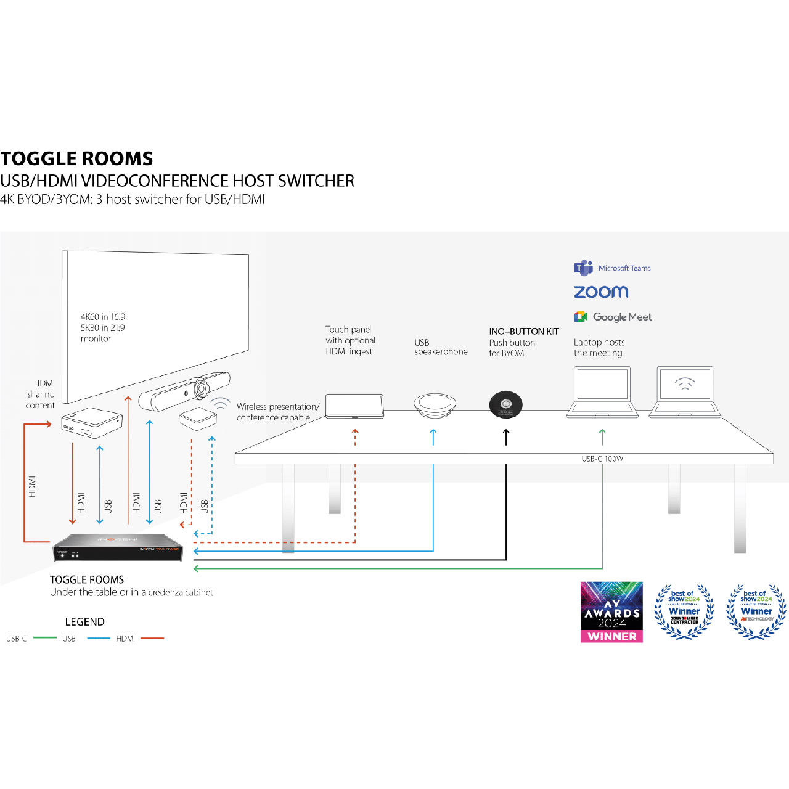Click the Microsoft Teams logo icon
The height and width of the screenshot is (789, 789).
point(583,268)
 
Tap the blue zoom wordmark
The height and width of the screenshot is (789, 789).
point(601,292)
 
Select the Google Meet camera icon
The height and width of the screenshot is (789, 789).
point(581,317)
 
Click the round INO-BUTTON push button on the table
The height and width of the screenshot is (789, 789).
point(505,404)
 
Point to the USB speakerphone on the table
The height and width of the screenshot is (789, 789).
point(435,404)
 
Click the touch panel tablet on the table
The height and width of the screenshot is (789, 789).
point(354,406)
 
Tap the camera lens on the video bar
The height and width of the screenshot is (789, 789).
point(201,389)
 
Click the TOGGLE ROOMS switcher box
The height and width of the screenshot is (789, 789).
point(118,547)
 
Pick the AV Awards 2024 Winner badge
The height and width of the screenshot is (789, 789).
point(611,612)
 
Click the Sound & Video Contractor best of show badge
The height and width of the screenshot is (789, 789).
point(684,611)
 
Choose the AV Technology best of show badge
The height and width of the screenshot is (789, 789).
point(756,611)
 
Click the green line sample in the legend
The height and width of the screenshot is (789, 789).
point(45,638)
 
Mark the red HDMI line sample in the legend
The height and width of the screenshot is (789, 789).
point(152,639)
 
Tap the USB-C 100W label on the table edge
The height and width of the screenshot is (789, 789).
point(602,459)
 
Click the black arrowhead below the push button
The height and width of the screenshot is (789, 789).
point(506,431)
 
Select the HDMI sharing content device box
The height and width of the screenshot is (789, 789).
point(92,422)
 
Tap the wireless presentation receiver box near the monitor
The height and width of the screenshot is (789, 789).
point(198,419)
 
